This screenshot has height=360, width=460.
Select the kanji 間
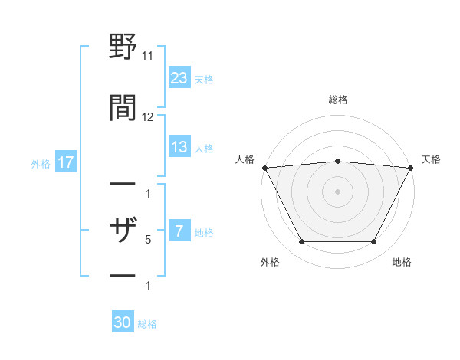pos(123,107)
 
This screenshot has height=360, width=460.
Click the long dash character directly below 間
pos(123,185)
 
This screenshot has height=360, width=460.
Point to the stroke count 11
pos(148,56)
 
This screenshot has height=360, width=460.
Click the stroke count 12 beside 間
pos(148,117)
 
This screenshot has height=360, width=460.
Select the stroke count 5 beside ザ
pos(148,240)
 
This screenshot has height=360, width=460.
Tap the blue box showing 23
pos(179,78)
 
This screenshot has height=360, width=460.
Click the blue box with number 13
pos(179,147)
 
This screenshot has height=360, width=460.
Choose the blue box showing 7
pos(179,231)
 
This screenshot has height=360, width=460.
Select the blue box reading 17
pos(65,162)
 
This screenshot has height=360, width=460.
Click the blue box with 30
pos(123,322)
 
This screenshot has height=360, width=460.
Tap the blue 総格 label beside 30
pos(147,324)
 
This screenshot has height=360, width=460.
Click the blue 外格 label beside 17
pos(41,163)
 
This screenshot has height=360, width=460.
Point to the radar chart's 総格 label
pos(337,100)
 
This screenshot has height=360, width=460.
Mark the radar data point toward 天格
pos(411,168)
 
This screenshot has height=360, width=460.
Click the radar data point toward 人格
pos(264,168)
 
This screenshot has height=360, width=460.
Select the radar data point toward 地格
pos(373,242)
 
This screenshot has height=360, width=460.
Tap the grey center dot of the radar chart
pos(337,191)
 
